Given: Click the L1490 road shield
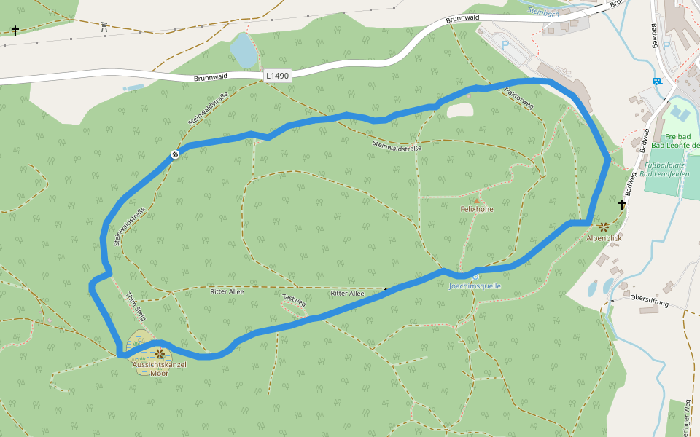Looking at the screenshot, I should pos(277,75).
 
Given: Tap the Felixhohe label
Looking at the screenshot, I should pos(477,209).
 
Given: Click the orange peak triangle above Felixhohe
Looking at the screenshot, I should pos(477,200).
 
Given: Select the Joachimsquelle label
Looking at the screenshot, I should pos(475,286).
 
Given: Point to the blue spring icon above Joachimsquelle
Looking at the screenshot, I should pos(475,276).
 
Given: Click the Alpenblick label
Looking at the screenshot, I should pos(604,238).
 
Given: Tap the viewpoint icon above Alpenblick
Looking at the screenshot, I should pos(604,227).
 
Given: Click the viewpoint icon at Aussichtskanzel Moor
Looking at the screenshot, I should pos(159,354).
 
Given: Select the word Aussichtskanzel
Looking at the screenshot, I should pos(159,364).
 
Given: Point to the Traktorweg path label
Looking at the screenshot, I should pos(518,101).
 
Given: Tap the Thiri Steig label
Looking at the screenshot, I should pos(136,307).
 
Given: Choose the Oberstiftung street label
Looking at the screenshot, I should pos(649,298).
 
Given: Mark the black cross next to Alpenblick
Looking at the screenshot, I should pos(622,205).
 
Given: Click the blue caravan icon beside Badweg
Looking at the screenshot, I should pos(657,81).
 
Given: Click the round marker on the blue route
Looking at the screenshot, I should pos(175,154).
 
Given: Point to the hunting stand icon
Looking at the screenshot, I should pos(104,28).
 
